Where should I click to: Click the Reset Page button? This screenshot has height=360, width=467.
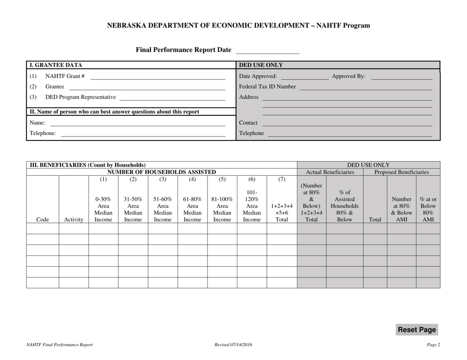(x=416, y=330)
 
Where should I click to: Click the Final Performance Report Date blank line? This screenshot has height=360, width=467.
(x=268, y=51)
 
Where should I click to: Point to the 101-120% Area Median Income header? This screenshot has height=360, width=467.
(x=251, y=207)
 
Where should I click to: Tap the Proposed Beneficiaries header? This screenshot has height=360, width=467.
(x=402, y=172)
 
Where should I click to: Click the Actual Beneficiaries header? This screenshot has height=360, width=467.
(x=330, y=172)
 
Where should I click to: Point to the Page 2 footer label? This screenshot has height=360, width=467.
(x=433, y=345)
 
